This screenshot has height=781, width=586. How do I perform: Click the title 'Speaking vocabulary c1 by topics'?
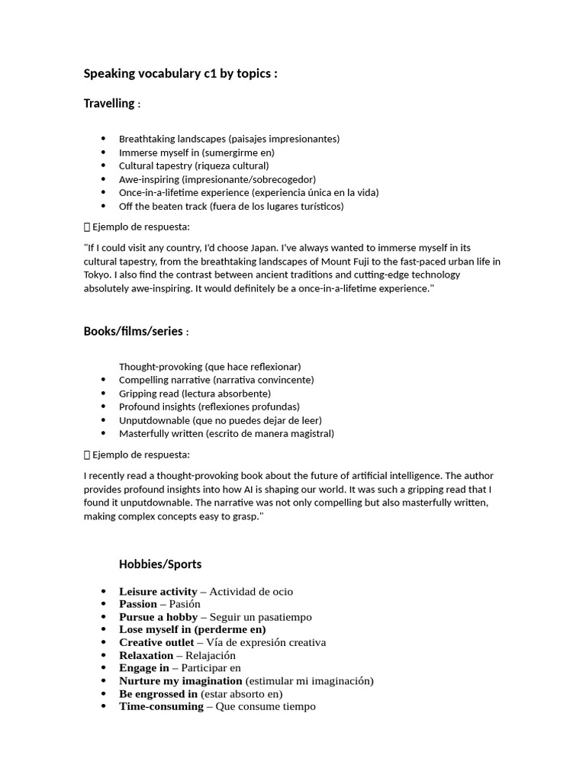pos(180,74)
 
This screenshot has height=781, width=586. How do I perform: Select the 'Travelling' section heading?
pos(109,103)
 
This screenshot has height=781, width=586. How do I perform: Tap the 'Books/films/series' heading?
pos(134,330)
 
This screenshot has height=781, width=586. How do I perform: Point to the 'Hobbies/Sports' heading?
pos(160,564)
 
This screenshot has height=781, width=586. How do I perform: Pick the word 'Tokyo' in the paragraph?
pos(98,275)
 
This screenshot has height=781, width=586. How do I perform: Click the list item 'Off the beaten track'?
pos(231,206)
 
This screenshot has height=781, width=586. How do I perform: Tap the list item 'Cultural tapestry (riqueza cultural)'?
pos(194,166)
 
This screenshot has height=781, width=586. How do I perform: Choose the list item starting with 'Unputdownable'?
pos(220,420)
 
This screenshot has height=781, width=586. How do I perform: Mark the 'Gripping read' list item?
pos(195,394)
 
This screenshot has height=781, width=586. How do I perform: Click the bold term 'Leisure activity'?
pos(158,591)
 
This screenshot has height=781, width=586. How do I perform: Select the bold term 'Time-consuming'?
pos(160,706)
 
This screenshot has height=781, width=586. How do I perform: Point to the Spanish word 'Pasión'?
pos(185,604)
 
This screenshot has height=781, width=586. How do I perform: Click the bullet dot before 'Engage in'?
pos(104,668)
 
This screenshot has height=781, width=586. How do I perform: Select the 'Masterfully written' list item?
pos(227,433)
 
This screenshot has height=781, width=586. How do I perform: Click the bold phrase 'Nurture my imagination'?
pos(180,680)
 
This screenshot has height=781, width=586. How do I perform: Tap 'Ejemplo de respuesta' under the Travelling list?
pos(141,227)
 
